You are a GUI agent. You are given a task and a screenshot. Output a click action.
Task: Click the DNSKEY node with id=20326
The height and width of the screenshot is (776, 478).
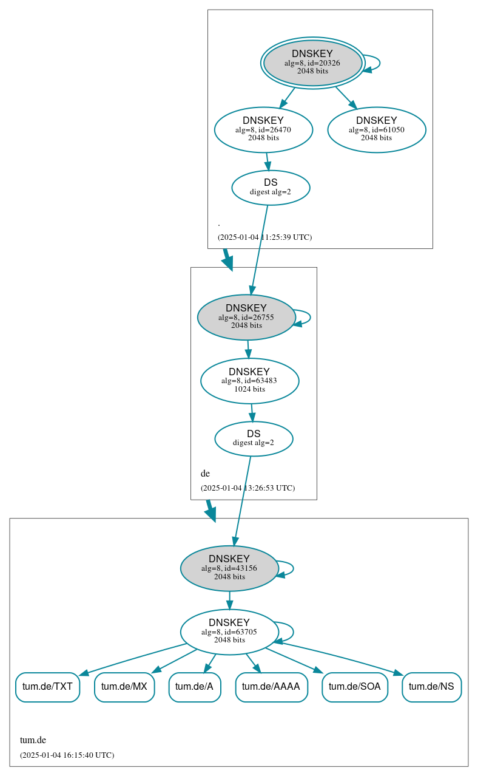(x=312, y=63)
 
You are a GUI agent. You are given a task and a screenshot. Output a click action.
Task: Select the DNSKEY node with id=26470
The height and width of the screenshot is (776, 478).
(x=263, y=129)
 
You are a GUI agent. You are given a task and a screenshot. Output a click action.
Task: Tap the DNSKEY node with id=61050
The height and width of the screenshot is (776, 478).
(x=376, y=129)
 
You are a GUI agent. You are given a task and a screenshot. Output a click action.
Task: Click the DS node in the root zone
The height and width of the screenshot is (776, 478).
(x=271, y=188)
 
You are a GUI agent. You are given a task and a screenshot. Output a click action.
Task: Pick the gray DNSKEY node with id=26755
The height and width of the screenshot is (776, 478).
(x=246, y=317)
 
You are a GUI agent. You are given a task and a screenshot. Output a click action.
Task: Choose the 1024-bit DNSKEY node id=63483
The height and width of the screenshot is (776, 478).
(x=249, y=381)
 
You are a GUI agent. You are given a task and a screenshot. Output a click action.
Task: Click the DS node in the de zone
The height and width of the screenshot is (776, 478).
(x=254, y=438)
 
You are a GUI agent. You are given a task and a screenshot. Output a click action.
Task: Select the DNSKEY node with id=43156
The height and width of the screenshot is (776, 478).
(x=229, y=568)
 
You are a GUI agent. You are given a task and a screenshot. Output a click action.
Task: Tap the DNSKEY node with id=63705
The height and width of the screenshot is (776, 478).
(x=229, y=631)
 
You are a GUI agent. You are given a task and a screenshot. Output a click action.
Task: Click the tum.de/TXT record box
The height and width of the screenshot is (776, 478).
(x=47, y=687)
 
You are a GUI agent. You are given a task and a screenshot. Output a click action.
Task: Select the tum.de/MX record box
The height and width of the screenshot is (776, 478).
(x=124, y=687)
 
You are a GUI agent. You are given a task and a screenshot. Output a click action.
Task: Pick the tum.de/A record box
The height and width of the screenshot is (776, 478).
(x=194, y=687)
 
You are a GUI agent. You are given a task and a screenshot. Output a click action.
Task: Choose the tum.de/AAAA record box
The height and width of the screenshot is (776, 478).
(x=271, y=687)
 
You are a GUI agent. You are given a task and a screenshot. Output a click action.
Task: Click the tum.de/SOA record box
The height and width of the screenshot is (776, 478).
(x=355, y=687)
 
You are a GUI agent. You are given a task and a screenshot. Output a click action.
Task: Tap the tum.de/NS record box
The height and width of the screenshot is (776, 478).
(x=431, y=687)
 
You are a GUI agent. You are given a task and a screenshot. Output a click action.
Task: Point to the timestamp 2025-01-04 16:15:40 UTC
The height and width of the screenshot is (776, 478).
(x=67, y=755)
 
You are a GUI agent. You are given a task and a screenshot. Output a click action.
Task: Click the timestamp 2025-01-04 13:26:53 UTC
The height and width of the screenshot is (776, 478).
(x=247, y=488)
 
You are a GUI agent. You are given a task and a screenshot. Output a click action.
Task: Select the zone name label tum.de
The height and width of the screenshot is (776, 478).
(x=33, y=740)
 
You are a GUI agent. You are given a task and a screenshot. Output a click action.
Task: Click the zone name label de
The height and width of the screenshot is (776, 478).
(x=205, y=473)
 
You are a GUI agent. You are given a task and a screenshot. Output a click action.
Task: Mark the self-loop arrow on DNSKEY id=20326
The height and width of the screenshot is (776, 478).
(x=379, y=63)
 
